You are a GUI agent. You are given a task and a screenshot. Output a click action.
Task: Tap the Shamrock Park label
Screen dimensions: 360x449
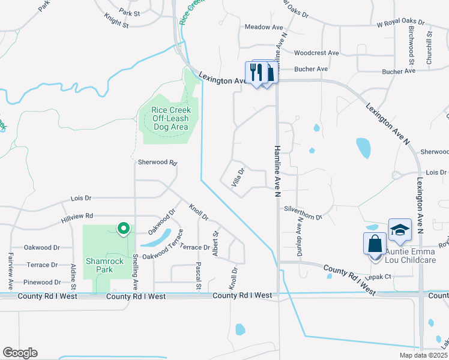[x=99, y=265]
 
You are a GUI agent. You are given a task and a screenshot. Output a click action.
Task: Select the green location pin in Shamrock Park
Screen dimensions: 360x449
[x=123, y=228]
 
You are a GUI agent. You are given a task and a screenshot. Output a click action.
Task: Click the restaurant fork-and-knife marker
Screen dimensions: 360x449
[x=256, y=73]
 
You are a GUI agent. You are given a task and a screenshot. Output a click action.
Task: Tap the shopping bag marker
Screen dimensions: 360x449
[x=375, y=245]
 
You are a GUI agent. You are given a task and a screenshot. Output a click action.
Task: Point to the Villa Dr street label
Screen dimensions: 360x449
[x=238, y=178]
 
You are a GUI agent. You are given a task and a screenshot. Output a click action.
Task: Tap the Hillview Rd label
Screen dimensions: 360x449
[x=77, y=216]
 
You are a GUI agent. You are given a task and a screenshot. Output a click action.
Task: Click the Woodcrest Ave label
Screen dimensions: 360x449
[x=316, y=53]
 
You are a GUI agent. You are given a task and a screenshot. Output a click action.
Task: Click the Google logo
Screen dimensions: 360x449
[x=20, y=353]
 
